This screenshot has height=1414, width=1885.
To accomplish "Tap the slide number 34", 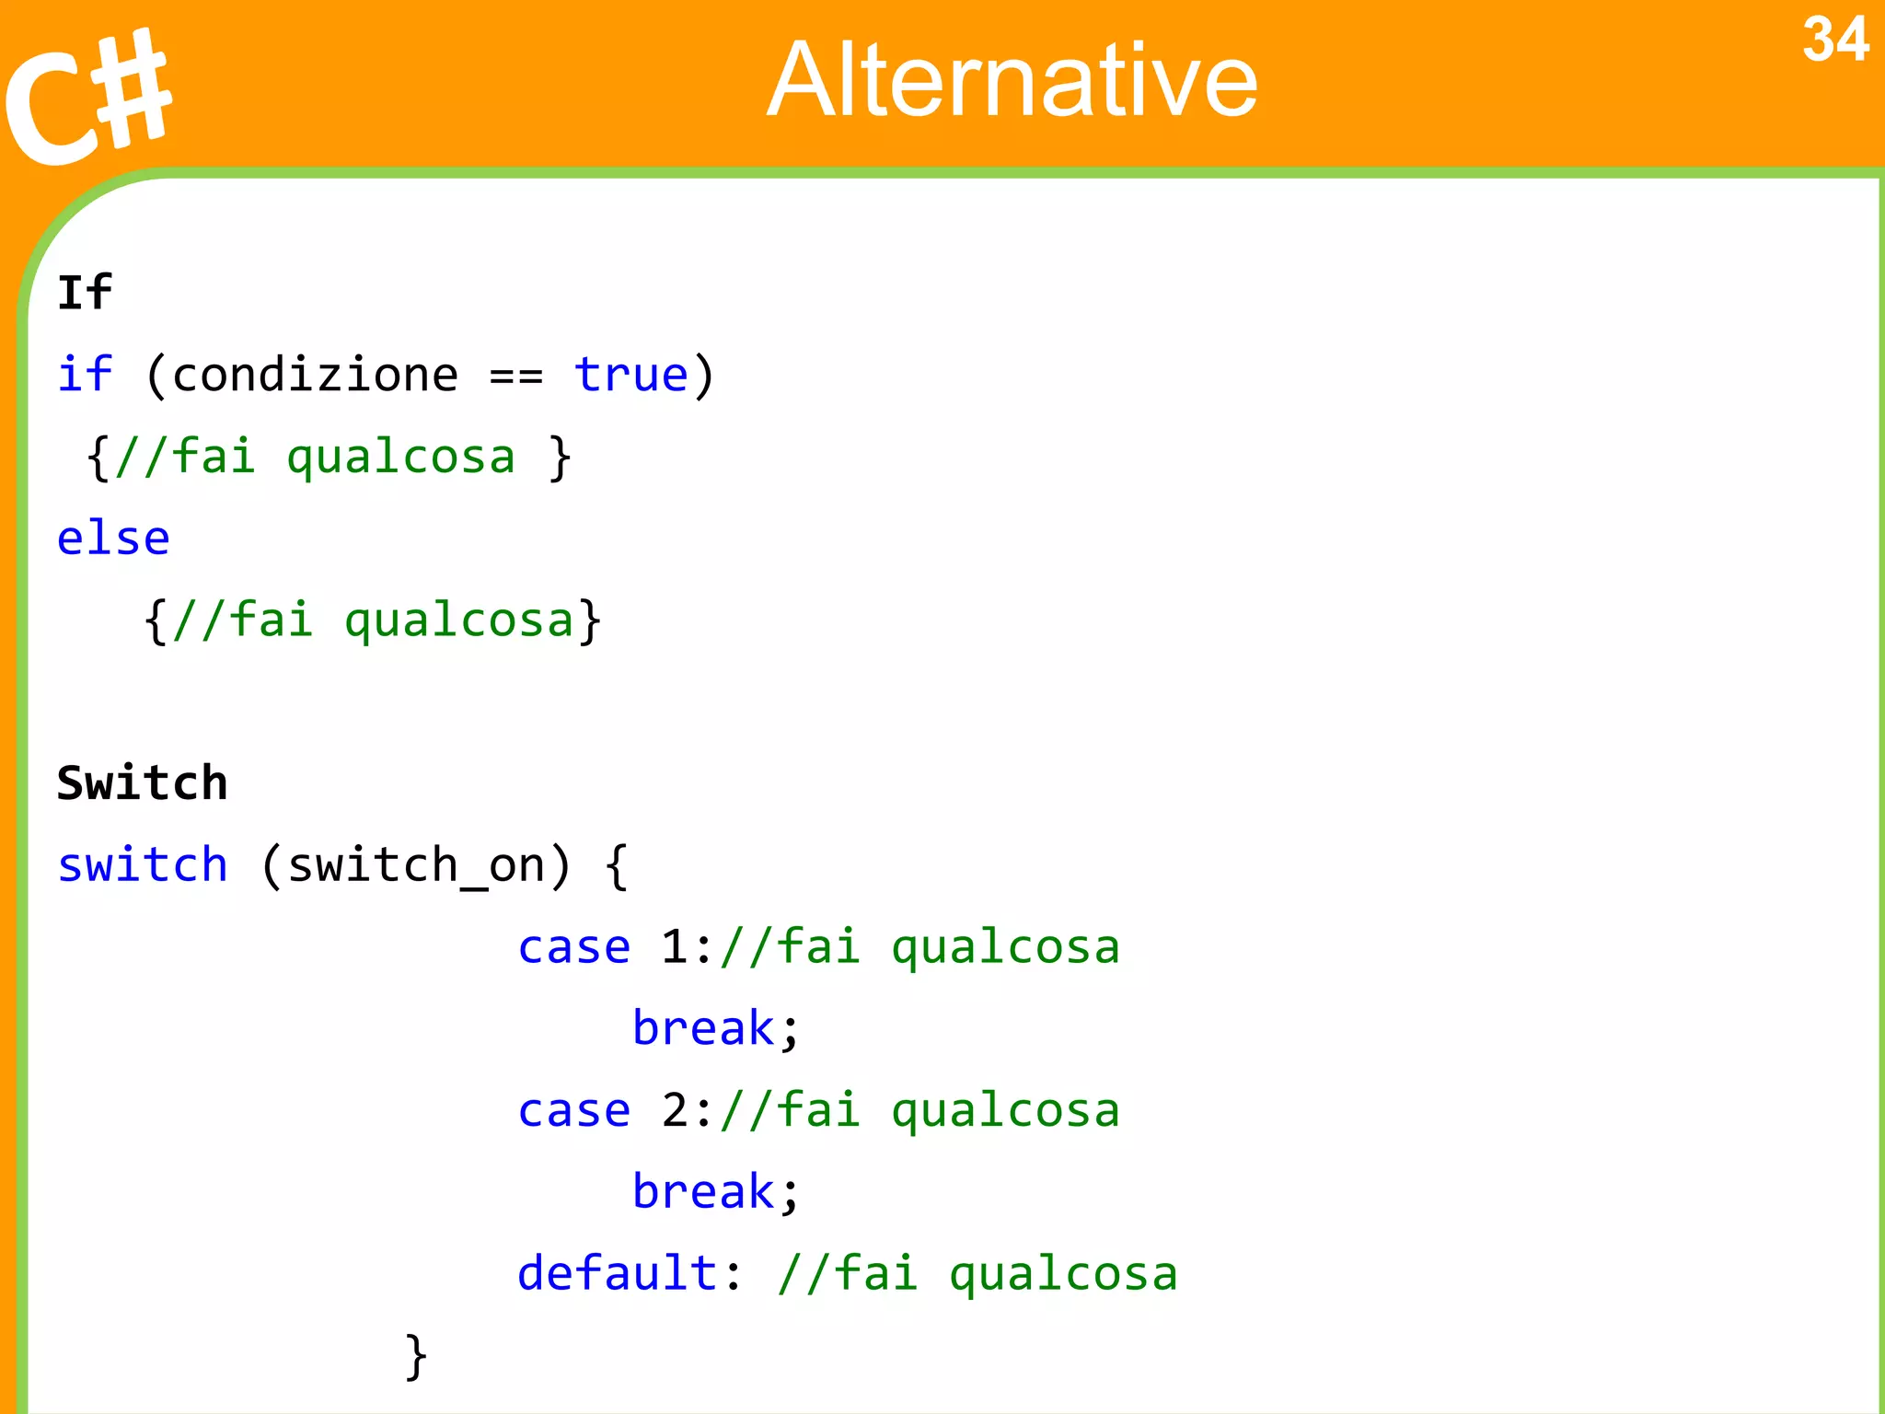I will tap(1834, 41).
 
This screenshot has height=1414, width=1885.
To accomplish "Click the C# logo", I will tap(87, 97).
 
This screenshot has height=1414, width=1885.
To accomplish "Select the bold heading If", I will tap(85, 293).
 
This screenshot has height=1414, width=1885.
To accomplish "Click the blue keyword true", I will tap(631, 375).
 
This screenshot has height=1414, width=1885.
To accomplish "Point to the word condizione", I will tap(315, 375).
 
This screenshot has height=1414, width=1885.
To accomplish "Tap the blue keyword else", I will tap(113, 538).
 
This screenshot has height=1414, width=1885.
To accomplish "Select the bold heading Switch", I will tap(142, 783).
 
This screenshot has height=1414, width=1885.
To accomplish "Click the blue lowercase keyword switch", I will tap(142, 865).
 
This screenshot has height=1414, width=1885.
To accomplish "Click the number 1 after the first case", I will tap(675, 947).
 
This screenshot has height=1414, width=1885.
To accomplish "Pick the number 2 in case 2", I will tap(675, 1110).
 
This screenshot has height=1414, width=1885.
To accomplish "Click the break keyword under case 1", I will tap(704, 1028).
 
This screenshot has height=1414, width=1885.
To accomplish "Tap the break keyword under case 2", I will tap(704, 1192).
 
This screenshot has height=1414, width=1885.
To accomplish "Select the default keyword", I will tap(617, 1273).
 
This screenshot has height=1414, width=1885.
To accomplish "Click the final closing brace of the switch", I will tap(416, 1356).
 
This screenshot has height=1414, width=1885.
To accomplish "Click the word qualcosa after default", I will tap(1063, 1275).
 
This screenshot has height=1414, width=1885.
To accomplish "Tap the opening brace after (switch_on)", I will tap(617, 866).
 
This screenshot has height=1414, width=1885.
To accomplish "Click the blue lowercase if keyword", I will tap(85, 375).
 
